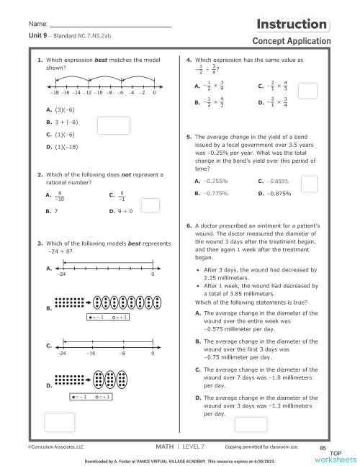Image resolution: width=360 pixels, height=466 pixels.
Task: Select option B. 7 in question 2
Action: click(48, 212)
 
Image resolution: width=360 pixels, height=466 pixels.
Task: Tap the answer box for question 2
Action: click(150, 205)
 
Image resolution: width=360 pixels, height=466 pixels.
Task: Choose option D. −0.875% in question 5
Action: click(272, 193)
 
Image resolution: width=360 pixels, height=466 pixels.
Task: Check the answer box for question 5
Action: click(308, 184)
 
